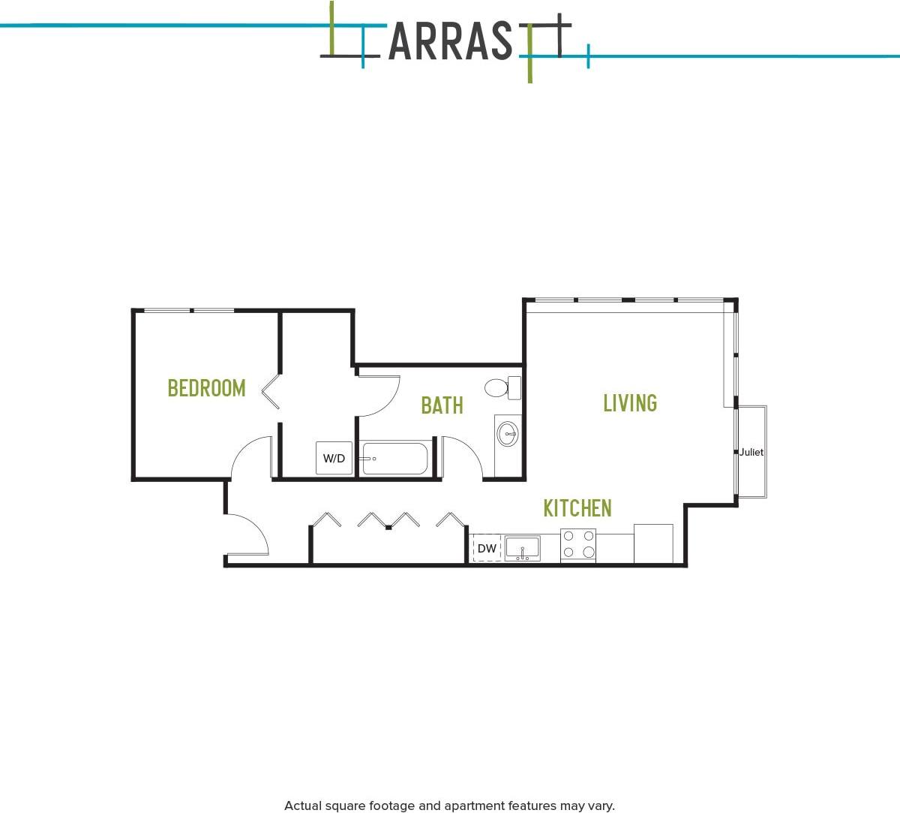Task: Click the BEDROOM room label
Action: (206, 388)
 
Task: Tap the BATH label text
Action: (442, 405)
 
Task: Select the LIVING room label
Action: (630, 403)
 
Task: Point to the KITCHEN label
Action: (577, 508)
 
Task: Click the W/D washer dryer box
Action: (334, 458)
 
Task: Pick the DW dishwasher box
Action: (487, 549)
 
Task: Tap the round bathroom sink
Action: (508, 434)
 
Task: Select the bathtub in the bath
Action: (394, 458)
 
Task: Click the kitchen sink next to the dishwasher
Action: (523, 549)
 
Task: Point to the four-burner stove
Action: (578, 545)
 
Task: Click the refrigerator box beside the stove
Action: (653, 544)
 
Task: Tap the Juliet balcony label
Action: (751, 452)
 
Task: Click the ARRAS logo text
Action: (450, 42)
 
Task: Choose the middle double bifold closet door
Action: (388, 520)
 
